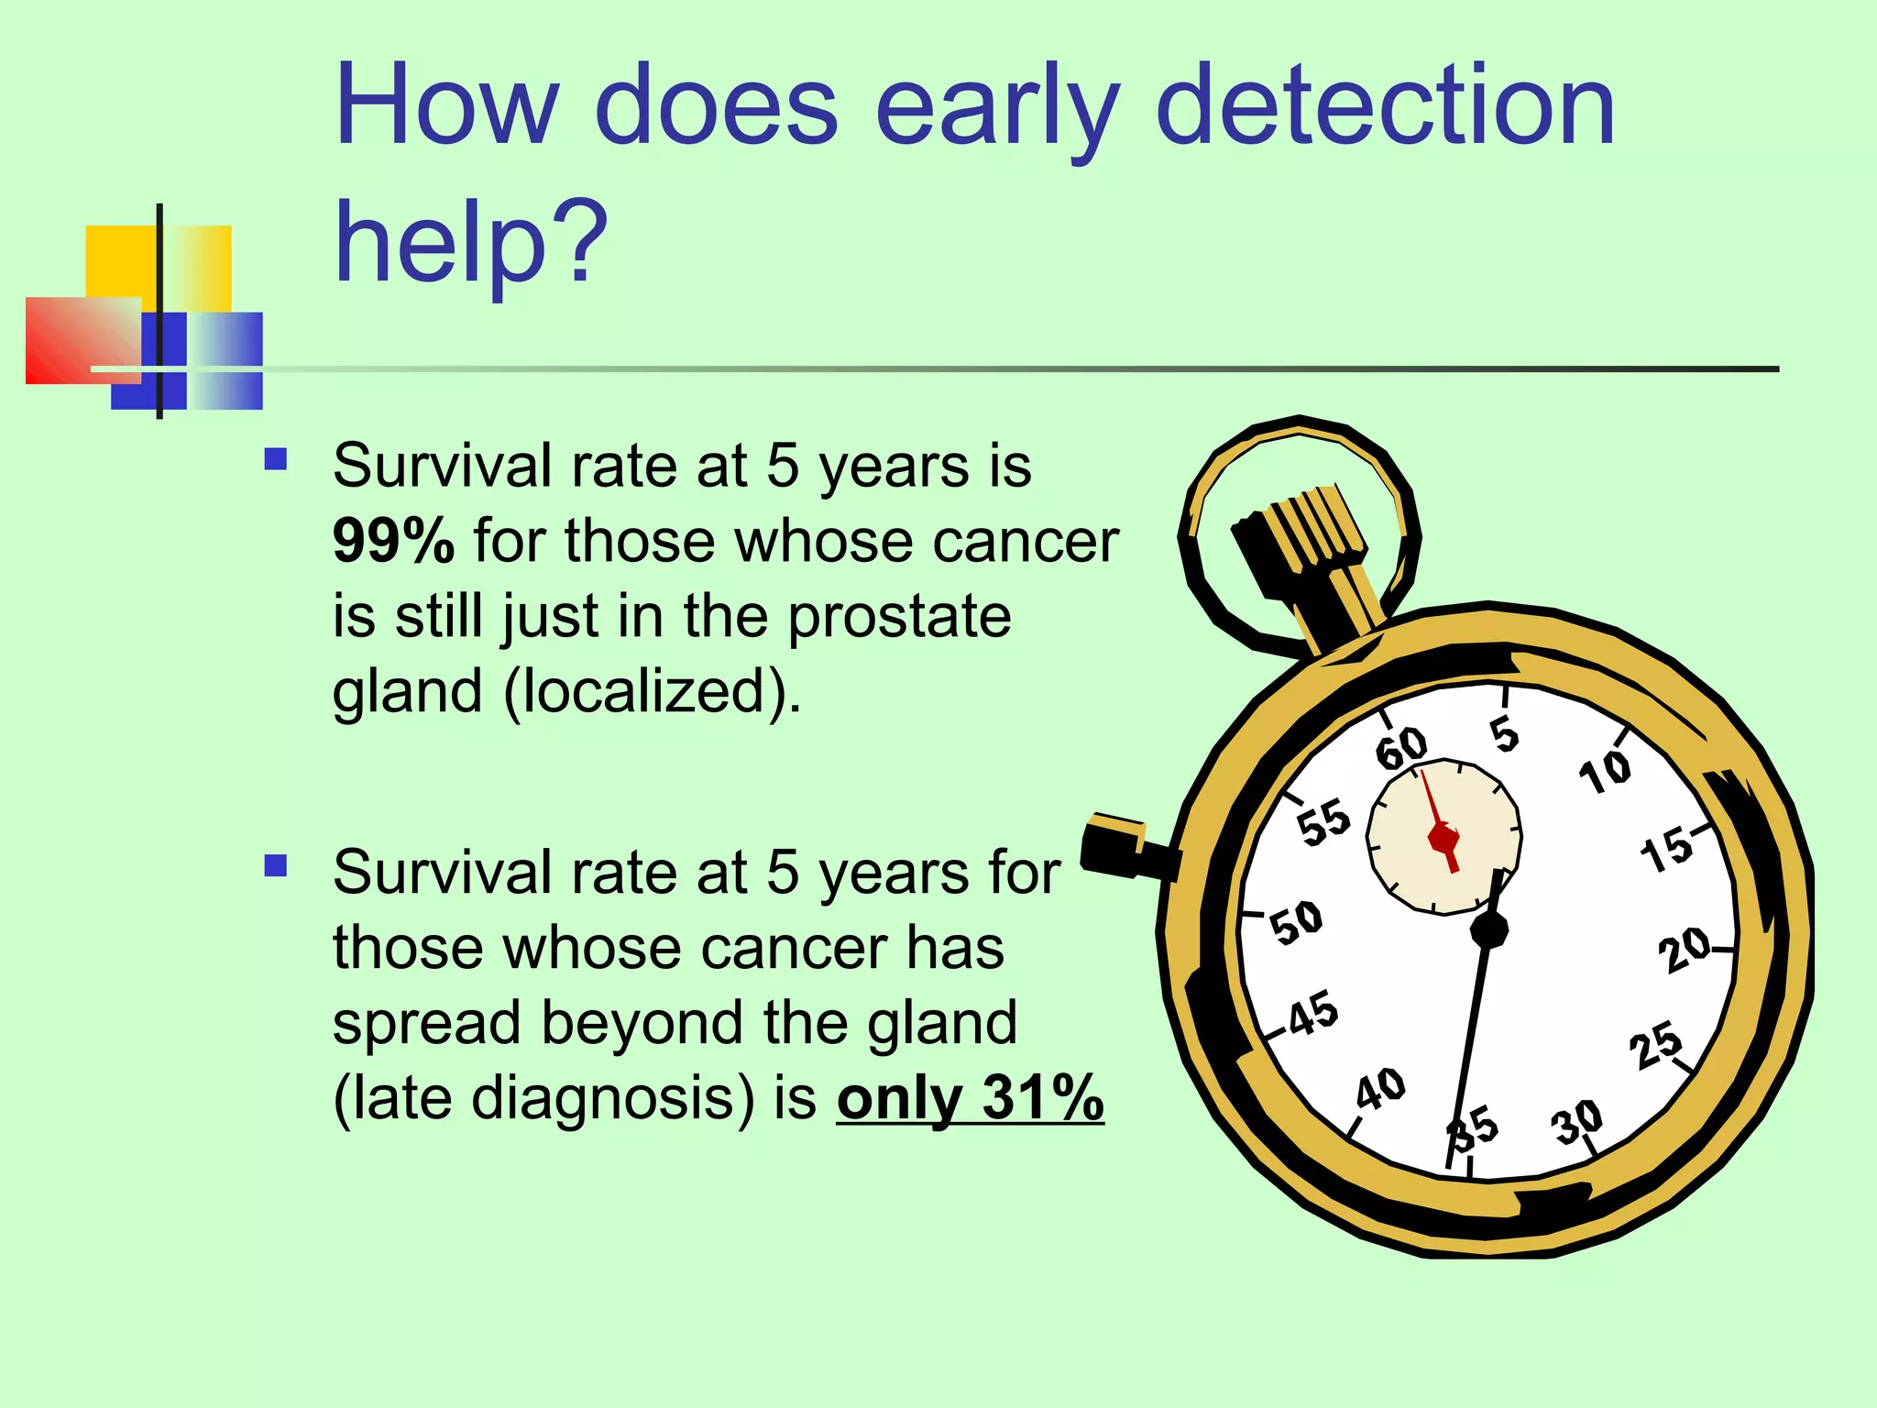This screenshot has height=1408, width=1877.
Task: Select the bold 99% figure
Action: [393, 542]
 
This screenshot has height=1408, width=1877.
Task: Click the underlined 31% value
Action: [1042, 1097]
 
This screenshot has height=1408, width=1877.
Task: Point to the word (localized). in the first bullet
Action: [653, 691]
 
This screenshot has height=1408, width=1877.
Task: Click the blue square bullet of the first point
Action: [275, 458]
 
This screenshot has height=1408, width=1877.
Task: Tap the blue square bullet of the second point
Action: [275, 865]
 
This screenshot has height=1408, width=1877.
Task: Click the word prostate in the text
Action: [899, 616]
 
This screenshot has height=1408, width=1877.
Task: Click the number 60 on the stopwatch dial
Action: [1401, 748]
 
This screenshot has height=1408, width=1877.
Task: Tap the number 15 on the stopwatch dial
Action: [1666, 849]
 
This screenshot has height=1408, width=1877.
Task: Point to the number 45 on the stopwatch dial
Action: [1313, 1012]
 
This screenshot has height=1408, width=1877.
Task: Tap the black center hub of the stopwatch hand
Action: [1488, 929]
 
